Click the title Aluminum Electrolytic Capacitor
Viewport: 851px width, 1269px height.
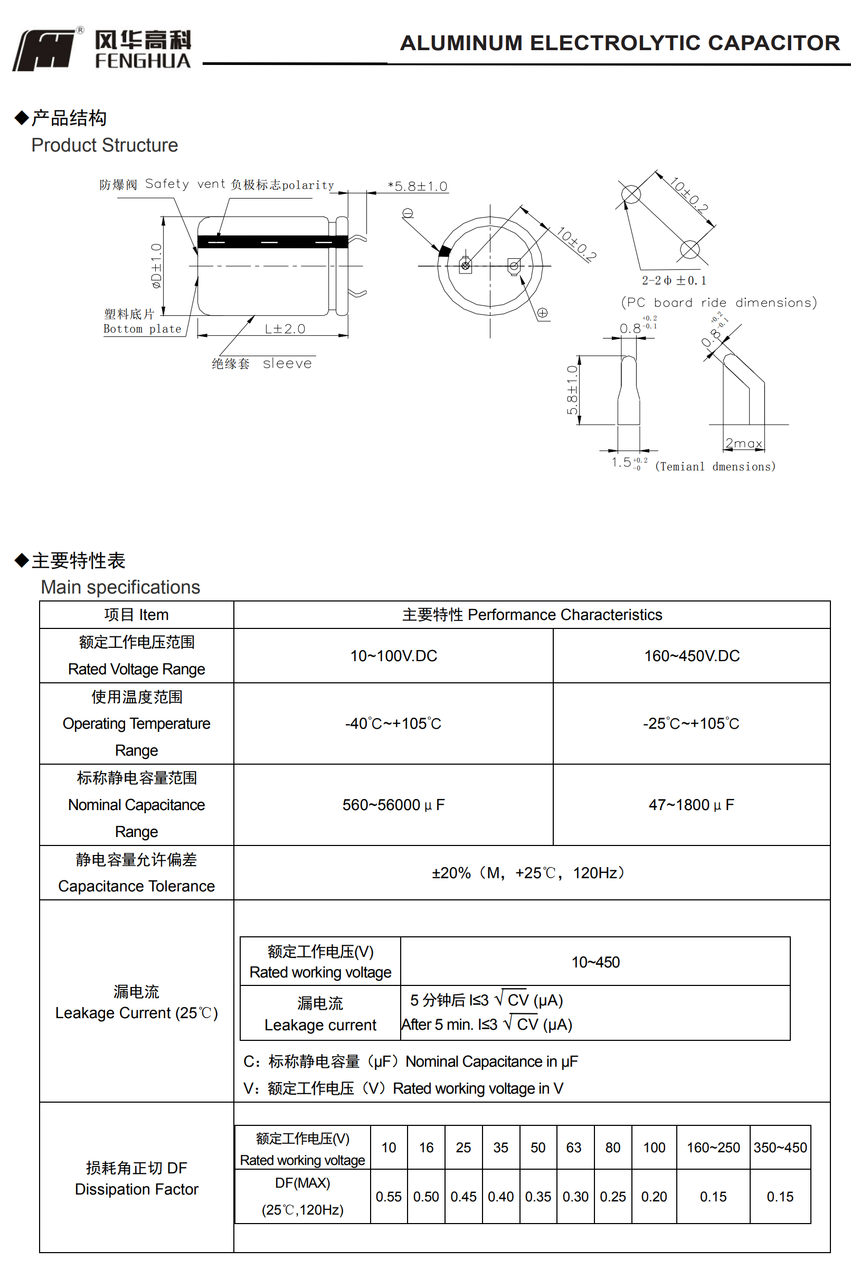[619, 43]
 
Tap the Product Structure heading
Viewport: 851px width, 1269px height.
[104, 145]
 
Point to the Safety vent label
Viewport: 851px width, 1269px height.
[167, 184]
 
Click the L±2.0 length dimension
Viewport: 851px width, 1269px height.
[285, 329]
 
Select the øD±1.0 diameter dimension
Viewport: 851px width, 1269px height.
[156, 266]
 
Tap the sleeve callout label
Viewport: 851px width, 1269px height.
[287, 364]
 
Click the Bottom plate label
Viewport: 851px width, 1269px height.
[142, 329]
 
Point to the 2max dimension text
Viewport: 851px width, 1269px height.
[743, 444]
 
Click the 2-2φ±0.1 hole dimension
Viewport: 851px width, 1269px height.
[674, 280]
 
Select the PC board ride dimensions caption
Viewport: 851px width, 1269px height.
[718, 302]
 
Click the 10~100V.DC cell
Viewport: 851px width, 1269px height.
[393, 656]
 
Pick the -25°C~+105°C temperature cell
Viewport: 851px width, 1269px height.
[691, 723]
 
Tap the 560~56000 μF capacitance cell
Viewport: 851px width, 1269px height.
[393, 805]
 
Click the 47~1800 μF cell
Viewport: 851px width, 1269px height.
[691, 805]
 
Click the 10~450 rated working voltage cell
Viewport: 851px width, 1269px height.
[595, 962]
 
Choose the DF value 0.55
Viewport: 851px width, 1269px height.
[389, 1197]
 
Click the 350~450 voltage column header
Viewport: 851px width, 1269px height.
[780, 1148]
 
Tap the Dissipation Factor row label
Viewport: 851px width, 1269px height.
[136, 1189]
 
